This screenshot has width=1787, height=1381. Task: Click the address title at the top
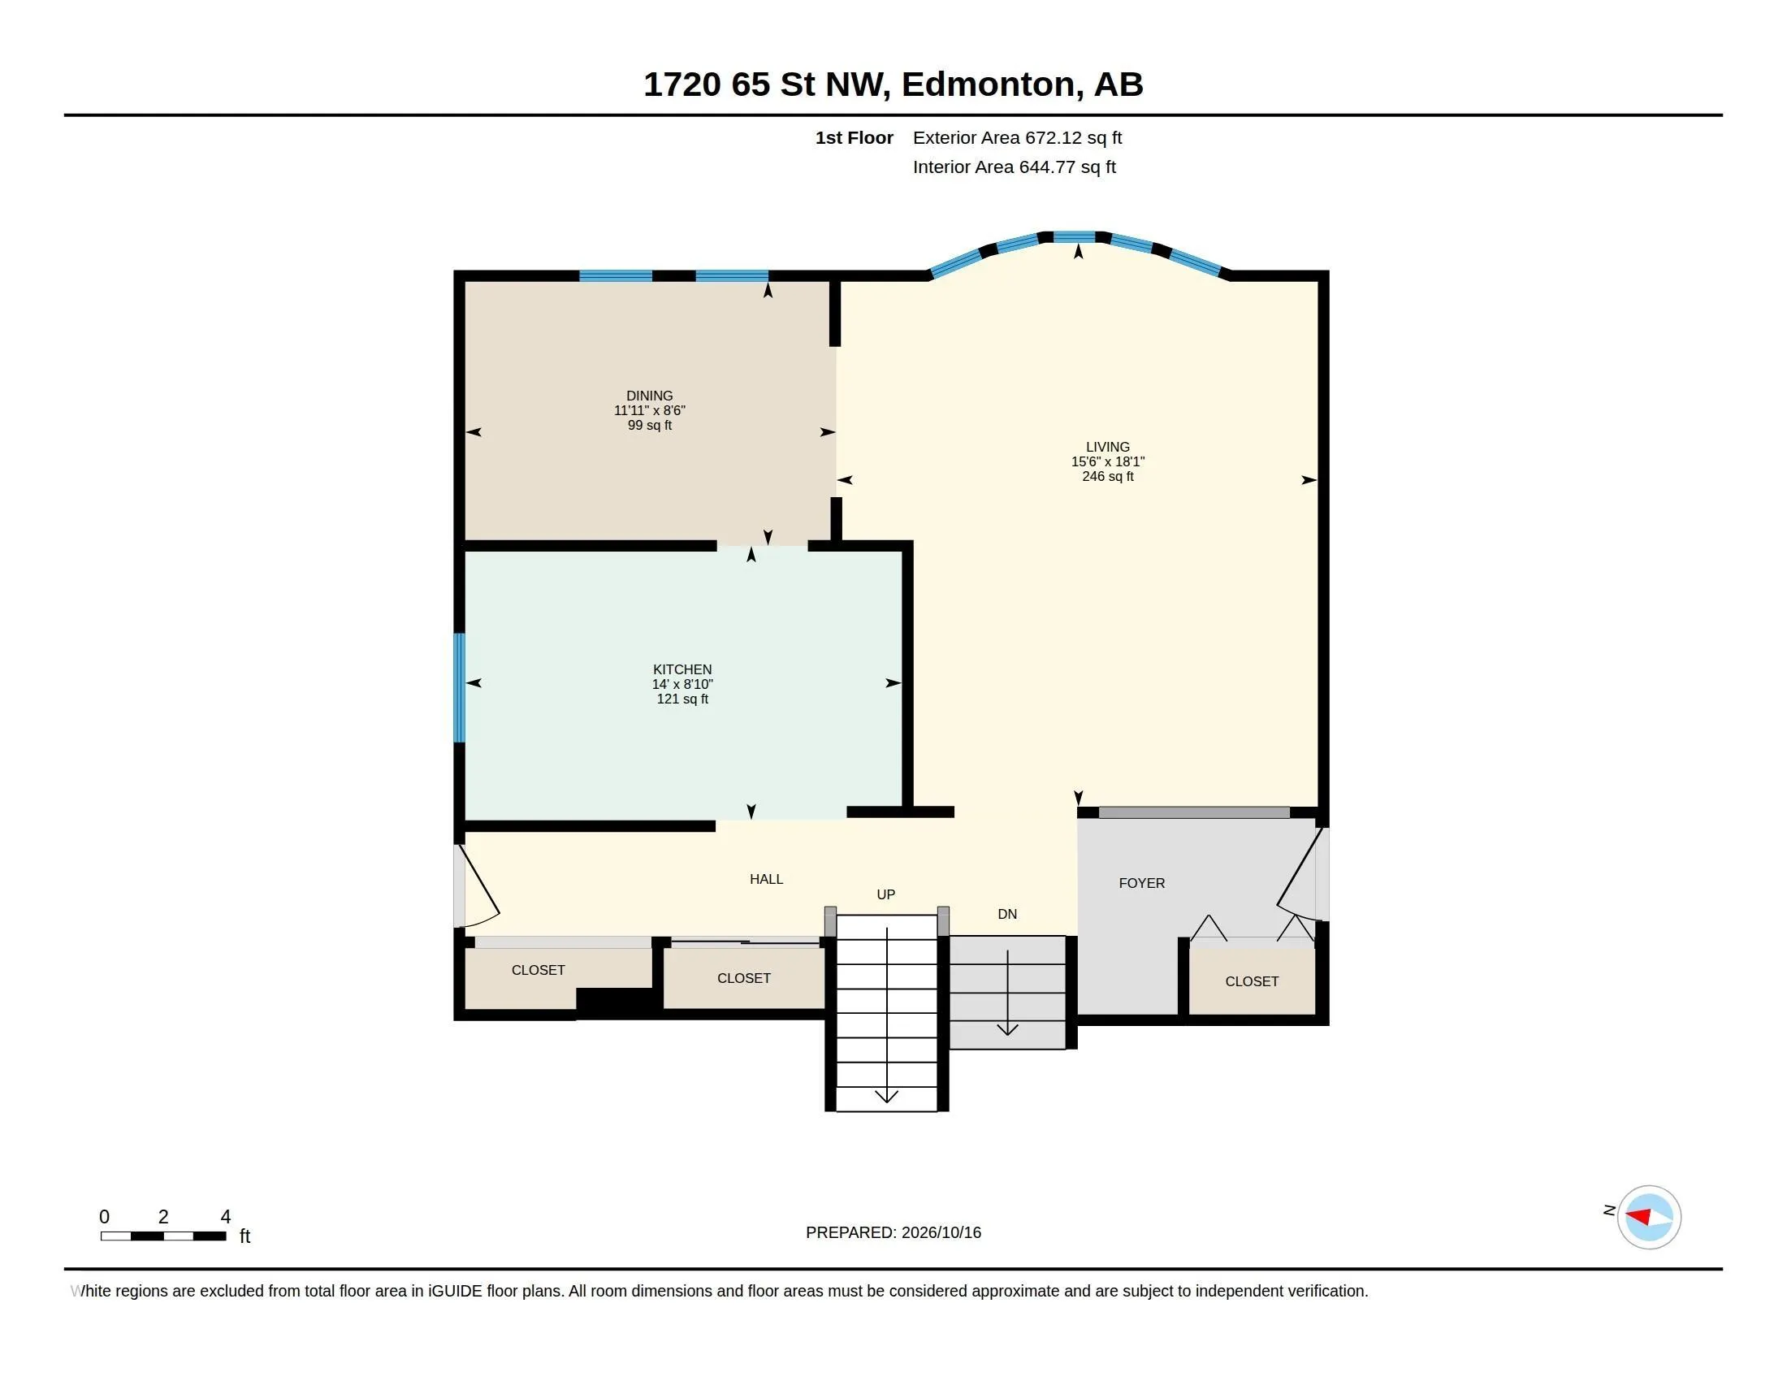click(893, 84)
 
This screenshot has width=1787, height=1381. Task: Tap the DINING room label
click(650, 396)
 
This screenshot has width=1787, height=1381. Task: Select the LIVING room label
click(1108, 447)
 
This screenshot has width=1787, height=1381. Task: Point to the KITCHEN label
click(682, 669)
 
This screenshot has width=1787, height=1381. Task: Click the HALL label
click(767, 879)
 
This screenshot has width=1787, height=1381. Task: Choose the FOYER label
click(1141, 883)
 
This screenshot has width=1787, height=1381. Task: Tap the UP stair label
click(886, 894)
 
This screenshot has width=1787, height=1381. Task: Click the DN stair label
click(1007, 914)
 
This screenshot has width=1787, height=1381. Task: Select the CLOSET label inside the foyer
click(1252, 981)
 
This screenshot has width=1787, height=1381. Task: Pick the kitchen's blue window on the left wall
click(460, 687)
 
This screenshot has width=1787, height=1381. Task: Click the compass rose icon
click(1649, 1217)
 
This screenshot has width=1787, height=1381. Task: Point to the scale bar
click(163, 1236)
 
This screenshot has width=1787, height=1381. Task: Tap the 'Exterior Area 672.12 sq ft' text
click(1017, 137)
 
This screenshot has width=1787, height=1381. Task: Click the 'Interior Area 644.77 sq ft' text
click(1014, 167)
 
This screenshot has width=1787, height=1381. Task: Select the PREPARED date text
click(893, 1232)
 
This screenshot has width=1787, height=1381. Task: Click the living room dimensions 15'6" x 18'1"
click(1108, 461)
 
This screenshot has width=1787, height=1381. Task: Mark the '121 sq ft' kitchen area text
click(682, 699)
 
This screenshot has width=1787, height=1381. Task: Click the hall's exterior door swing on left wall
click(477, 887)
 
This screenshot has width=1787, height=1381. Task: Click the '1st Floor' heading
click(855, 137)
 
